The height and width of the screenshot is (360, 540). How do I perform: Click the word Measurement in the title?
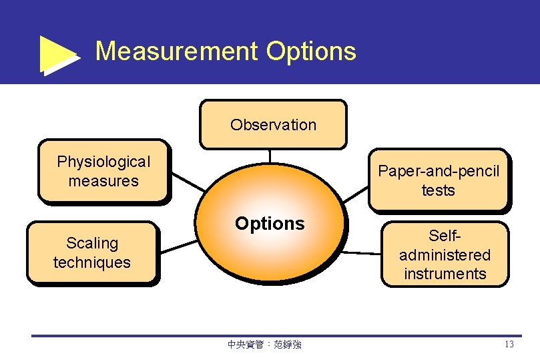tap(176, 51)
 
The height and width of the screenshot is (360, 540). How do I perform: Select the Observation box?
tap(273, 124)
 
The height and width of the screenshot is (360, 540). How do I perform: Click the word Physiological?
tap(103, 162)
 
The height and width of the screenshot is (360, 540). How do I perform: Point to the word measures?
tap(103, 181)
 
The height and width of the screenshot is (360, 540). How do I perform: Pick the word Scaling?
tap(92, 243)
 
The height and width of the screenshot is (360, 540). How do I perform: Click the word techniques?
tap(92, 262)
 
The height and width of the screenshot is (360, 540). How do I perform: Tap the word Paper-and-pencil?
tap(439, 171)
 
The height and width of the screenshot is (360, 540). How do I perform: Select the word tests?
tap(439, 190)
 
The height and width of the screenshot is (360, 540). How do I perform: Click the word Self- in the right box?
tap(445, 236)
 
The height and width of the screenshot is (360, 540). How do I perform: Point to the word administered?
tap(445, 254)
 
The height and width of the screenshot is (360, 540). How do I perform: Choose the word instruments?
tap(445, 273)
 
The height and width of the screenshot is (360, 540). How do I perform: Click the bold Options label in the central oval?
tap(270, 224)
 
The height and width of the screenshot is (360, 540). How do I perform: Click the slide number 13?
tap(509, 345)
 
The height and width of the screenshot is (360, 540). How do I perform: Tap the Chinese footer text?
tap(264, 345)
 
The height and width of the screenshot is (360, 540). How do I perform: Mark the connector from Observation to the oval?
tap(270, 156)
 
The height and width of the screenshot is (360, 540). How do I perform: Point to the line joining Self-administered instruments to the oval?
tap(363, 253)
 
